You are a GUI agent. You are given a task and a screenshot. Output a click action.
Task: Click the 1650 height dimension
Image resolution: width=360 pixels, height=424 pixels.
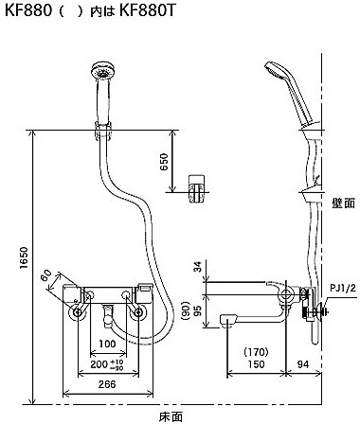pyautogui.click(x=24, y=257)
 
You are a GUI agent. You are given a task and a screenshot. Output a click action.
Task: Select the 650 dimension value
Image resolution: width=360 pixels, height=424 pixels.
pyautogui.click(x=164, y=162)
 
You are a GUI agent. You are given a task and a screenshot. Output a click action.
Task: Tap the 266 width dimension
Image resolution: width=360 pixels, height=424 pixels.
pyautogui.click(x=107, y=384)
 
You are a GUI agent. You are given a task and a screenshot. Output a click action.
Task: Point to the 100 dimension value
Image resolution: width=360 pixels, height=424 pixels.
pyautogui.click(x=107, y=344)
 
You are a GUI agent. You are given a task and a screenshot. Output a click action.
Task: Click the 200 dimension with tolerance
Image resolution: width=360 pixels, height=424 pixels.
pyautogui.click(x=107, y=364)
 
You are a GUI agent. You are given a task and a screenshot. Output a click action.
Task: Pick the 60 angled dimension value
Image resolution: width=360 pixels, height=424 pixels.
pyautogui.click(x=46, y=276)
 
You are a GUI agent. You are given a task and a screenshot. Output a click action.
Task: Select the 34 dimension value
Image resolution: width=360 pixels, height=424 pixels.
pyautogui.click(x=197, y=268)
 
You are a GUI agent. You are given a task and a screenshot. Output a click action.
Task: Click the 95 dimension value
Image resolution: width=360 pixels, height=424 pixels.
pyautogui.click(x=197, y=311)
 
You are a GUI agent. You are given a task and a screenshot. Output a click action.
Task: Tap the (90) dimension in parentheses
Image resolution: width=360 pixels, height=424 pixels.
pyautogui.click(x=187, y=311)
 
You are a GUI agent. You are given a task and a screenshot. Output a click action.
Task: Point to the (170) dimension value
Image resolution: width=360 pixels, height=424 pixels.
pyautogui.click(x=256, y=351)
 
